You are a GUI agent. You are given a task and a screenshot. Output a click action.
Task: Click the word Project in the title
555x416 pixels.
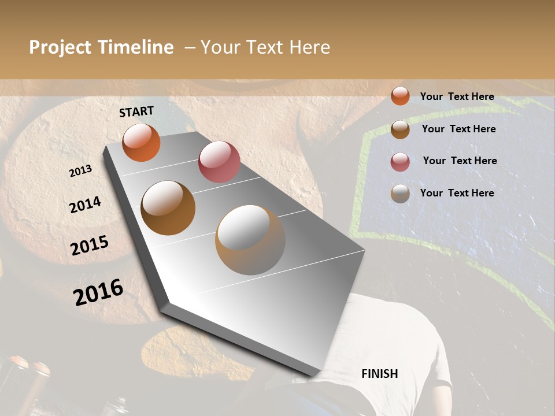coord(60,47)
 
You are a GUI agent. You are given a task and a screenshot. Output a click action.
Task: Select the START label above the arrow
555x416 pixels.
coord(136,112)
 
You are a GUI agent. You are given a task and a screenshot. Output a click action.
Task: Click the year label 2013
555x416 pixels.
coord(80,171)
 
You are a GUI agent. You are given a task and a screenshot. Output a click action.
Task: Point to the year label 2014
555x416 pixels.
coord(85,205)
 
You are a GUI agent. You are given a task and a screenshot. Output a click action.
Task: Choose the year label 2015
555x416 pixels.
coord(90,246)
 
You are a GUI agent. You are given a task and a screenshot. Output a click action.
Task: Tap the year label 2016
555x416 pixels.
coord(98,292)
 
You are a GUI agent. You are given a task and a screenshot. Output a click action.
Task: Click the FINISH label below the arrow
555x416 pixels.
coord(379,374)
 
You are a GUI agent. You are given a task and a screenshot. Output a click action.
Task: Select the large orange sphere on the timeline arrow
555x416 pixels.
coord(141,142)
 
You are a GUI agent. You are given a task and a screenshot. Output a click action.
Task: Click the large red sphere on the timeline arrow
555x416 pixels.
coord(219,162)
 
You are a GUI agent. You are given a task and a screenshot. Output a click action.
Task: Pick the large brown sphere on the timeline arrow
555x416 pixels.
coord(168,208)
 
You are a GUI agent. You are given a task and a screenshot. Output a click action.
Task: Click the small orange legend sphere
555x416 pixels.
coord(400,96)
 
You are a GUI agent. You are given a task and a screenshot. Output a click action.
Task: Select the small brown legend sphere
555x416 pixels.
coord(400,129)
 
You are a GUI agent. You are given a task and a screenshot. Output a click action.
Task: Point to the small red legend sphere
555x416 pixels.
coord(400,162)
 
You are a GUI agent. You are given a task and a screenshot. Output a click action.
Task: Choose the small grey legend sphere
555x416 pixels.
coord(400,194)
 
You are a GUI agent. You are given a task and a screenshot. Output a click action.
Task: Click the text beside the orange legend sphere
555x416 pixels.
coord(457,96)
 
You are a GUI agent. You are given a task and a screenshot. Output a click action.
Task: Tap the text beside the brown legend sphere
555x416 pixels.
coord(458,129)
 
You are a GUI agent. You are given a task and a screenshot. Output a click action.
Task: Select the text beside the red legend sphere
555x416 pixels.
coord(460,161)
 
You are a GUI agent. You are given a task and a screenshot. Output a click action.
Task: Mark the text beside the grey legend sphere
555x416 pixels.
coord(457,193)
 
